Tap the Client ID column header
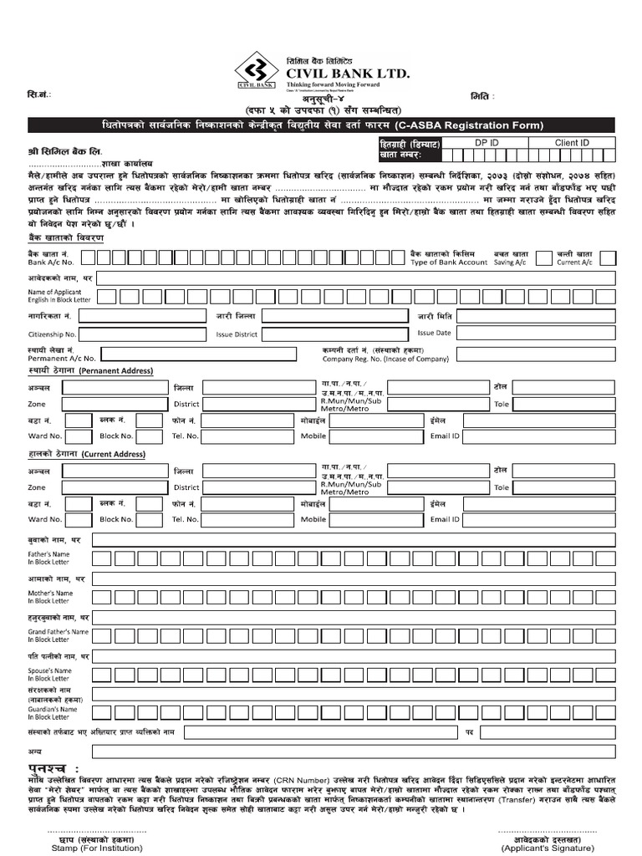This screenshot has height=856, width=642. (572, 143)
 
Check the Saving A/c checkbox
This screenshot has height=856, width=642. (544, 257)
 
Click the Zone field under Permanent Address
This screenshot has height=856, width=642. (116, 403)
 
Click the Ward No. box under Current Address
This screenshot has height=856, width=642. (78, 519)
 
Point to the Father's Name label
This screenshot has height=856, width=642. (49, 557)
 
